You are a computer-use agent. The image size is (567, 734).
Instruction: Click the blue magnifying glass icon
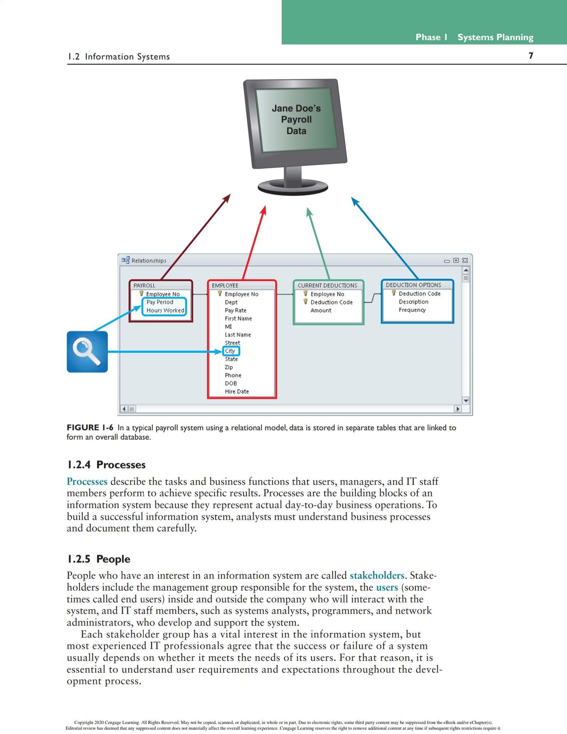(87, 351)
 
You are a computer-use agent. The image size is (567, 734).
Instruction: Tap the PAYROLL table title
(144, 285)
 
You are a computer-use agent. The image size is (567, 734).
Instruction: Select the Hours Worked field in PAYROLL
(165, 310)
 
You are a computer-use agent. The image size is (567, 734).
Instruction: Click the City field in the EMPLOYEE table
(230, 351)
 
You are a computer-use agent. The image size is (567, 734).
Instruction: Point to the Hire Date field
(237, 391)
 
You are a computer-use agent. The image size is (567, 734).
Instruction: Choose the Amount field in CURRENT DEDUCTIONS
(321, 310)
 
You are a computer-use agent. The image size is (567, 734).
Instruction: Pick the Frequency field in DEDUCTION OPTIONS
(412, 310)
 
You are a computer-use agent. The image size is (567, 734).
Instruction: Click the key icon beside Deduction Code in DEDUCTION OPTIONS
(393, 293)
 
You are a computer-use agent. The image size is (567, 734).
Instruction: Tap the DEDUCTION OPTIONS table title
(413, 285)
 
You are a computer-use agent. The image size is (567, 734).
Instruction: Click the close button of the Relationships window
(465, 261)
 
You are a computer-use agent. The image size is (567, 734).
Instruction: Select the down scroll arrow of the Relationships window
(466, 401)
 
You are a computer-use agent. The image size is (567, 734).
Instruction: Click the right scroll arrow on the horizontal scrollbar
(458, 409)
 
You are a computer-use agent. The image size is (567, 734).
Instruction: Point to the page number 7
(531, 56)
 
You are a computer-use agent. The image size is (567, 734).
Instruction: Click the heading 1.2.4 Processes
(106, 465)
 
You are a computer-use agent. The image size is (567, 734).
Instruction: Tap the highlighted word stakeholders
(377, 575)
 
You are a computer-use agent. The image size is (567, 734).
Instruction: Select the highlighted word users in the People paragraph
(387, 587)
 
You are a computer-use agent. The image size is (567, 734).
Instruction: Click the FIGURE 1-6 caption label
(90, 428)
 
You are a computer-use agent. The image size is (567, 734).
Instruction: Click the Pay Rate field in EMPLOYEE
(235, 310)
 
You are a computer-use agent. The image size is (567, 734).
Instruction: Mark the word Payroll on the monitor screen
(296, 120)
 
